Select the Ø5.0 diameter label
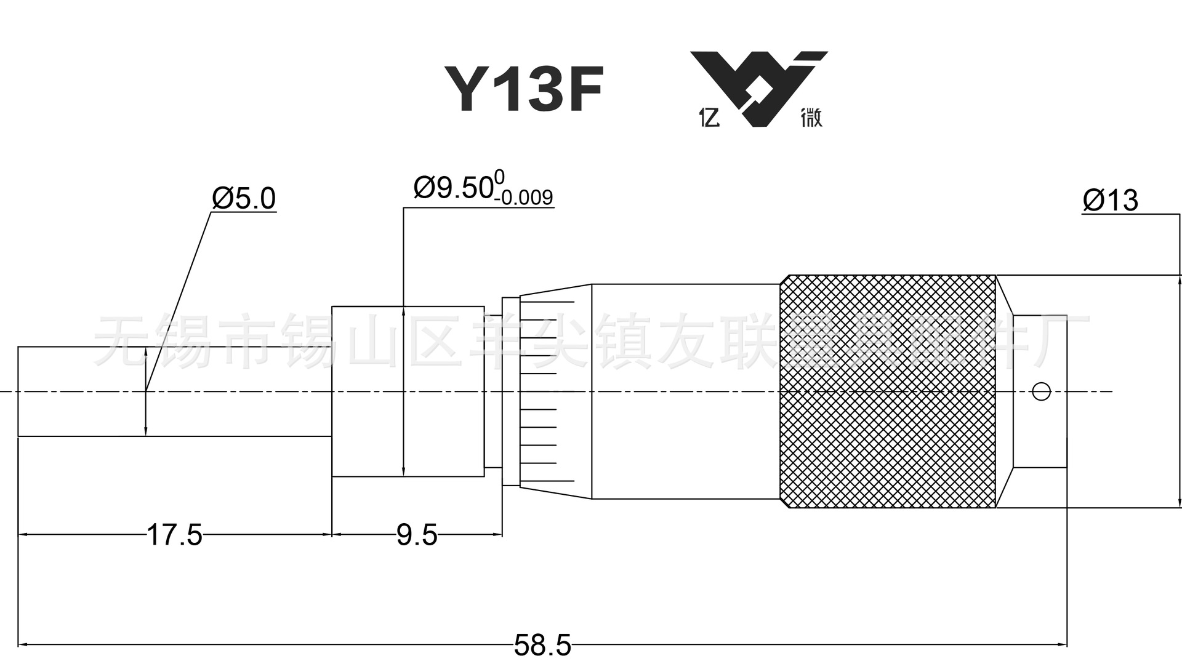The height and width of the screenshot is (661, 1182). click(244, 198)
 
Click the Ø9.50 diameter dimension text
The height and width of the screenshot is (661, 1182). click(453, 188)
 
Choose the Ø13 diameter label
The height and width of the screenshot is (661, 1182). click(1110, 201)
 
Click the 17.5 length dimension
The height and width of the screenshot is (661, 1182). click(174, 535)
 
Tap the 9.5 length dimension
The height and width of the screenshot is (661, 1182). click(417, 535)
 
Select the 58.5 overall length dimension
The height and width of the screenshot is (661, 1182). click(542, 646)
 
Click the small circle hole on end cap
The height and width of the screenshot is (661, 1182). click(1041, 391)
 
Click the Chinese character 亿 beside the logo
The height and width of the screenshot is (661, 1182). click(709, 117)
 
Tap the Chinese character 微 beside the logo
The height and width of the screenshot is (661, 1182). click(811, 117)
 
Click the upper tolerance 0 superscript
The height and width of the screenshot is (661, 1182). click(499, 177)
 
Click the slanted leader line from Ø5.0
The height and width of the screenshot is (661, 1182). click(179, 302)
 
